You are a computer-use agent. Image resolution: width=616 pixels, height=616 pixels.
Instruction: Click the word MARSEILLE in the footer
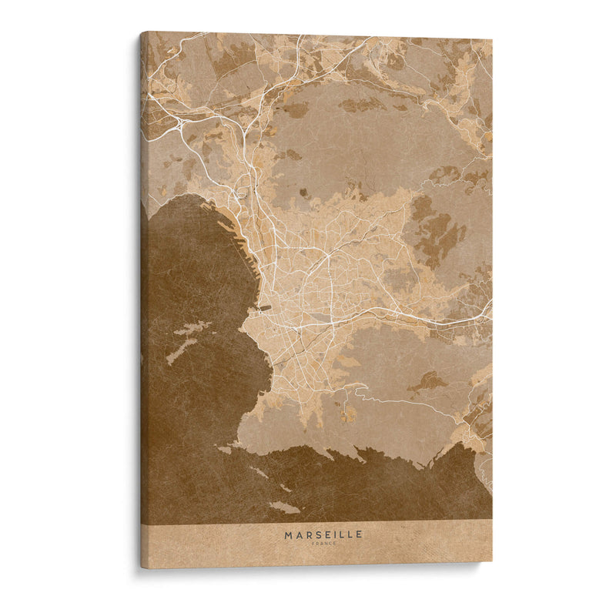pos(323,534)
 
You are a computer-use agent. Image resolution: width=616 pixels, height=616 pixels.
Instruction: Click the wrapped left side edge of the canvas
pos(144,308)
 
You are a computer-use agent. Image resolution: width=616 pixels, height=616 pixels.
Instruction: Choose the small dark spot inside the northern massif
pos(303,192)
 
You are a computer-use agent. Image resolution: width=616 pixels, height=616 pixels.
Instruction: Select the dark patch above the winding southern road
pos(428,381)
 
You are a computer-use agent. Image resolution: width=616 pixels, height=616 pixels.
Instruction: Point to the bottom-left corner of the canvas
pos(142,567)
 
